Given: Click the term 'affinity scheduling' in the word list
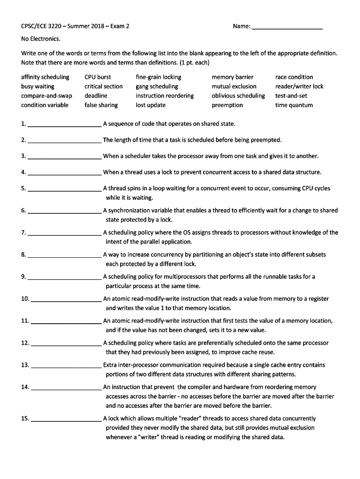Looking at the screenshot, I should click(45, 77).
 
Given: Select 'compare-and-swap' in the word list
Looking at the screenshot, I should click(46, 96).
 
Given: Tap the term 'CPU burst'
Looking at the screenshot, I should click(98, 77).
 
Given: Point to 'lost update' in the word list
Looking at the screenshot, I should click(151, 105).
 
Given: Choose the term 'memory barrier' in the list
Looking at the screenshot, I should click(232, 77).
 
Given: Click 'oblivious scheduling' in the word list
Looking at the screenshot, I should click(238, 96).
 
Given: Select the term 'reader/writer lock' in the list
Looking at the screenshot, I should click(299, 87).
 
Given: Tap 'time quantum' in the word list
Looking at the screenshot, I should click(294, 105).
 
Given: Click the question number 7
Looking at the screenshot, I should click(23, 232).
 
